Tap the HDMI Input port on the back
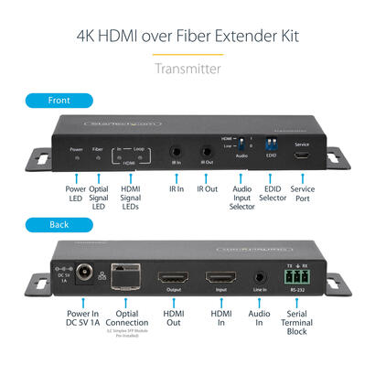[x=219, y=277]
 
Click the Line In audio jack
[x=262, y=275]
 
